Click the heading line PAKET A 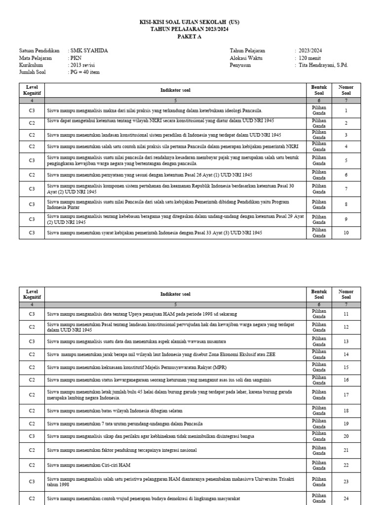pos(189,36)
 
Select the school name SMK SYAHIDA pos(89,51)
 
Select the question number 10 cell pos(346,233)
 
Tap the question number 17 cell pos(346,395)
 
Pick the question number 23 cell pos(346,481)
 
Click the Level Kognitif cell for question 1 pos(32,111)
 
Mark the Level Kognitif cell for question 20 pos(32,436)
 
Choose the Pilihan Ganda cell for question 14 pos(319,355)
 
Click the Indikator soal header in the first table pos(175,90)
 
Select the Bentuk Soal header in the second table pos(319,294)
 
